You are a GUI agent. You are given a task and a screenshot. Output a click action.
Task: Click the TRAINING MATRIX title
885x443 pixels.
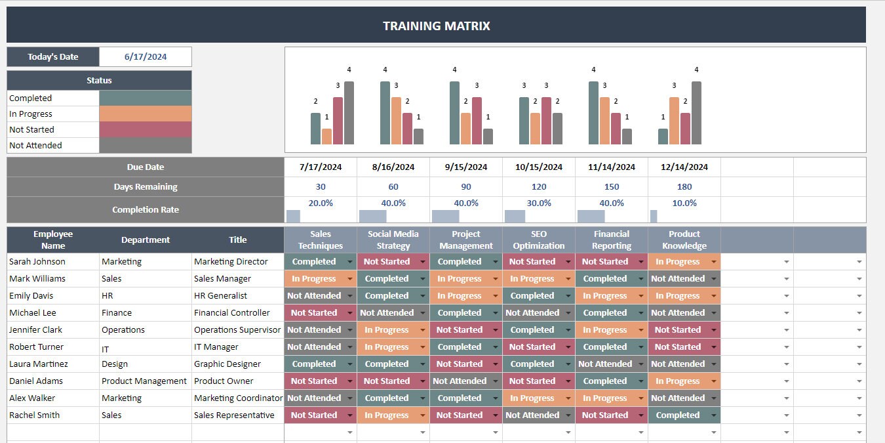436,26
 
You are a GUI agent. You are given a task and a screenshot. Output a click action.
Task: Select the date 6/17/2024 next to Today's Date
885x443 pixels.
146,57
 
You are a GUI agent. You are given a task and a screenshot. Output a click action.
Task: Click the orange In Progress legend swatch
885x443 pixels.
145,114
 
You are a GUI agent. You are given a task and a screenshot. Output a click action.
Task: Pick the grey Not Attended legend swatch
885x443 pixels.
145,146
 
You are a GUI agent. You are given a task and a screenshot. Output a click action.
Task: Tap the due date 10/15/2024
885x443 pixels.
538,167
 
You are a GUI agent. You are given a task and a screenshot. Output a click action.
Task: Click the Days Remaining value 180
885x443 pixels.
684,187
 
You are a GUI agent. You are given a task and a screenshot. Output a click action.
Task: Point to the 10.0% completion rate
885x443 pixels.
684,203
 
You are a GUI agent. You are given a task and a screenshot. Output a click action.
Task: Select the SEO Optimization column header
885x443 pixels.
538,240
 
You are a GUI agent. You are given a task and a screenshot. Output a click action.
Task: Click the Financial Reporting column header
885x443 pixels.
611,240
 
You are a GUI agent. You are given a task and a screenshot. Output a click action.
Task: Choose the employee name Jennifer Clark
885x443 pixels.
35,330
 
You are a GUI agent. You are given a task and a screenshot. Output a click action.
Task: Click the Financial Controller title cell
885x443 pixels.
231,313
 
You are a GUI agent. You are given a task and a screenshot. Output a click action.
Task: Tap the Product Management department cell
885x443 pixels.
144,381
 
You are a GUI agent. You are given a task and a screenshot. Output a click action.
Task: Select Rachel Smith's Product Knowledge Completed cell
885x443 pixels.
678,415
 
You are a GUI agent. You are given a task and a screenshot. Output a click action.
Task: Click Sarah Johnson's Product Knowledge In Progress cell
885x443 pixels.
678,262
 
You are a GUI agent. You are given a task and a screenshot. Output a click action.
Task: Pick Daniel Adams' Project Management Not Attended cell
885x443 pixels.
459,381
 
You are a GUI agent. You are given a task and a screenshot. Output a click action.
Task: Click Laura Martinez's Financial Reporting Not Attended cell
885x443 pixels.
604,364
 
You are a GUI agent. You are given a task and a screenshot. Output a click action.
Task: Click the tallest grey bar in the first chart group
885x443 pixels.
349,113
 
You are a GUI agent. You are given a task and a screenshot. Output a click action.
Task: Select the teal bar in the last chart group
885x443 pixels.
663,137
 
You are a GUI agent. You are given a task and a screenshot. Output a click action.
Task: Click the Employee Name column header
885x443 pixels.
53,240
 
